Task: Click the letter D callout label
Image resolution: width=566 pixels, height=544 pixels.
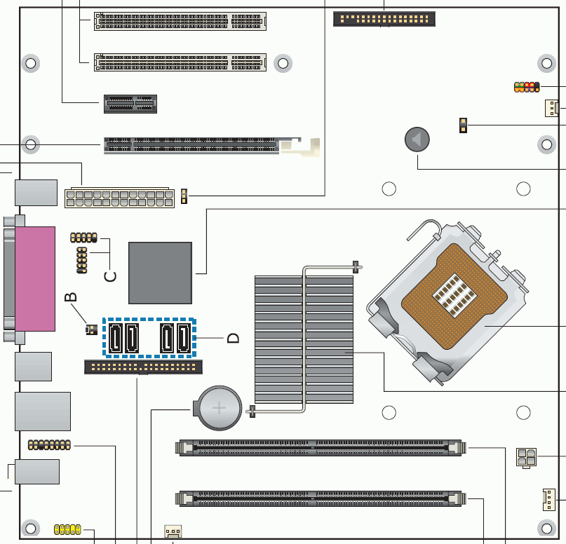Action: (x=233, y=338)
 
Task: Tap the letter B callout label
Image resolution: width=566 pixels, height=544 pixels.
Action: (x=71, y=297)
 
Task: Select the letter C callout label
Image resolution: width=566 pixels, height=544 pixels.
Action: (x=110, y=276)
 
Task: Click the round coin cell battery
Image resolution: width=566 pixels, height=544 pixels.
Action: (x=219, y=408)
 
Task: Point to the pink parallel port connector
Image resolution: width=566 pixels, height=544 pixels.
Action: (x=35, y=278)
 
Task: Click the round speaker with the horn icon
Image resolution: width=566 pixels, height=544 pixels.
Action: (x=417, y=140)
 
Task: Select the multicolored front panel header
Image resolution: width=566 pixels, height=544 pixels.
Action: (x=527, y=87)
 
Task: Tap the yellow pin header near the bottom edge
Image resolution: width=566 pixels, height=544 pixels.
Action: (x=67, y=529)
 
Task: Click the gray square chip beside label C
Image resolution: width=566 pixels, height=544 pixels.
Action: (x=161, y=273)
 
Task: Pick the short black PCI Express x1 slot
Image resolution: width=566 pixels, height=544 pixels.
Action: (x=130, y=104)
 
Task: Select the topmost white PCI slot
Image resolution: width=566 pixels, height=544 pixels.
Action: (x=180, y=21)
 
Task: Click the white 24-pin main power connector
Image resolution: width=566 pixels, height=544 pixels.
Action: (x=119, y=198)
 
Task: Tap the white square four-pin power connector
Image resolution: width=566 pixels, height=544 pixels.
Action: (x=526, y=457)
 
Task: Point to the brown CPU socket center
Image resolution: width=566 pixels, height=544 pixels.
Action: (x=454, y=295)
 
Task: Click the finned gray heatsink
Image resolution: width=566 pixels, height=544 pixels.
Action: (x=304, y=339)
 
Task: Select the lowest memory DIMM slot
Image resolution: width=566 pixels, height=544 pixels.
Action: (x=321, y=498)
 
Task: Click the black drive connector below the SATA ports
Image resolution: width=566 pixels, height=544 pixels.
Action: (x=143, y=367)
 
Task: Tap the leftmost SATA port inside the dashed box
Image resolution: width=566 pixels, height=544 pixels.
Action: (x=116, y=338)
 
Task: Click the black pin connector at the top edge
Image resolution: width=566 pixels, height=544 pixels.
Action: (x=384, y=19)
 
